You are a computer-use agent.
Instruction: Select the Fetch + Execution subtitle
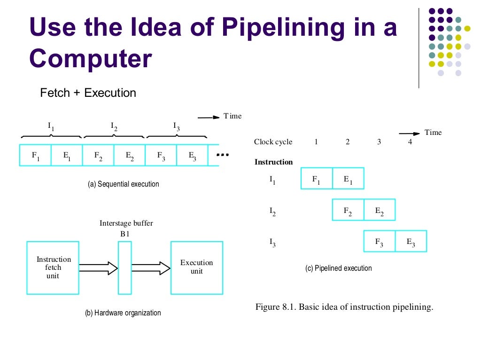[88, 93]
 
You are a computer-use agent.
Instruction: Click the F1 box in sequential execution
[35, 156]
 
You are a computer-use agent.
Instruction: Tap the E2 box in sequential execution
[130, 156]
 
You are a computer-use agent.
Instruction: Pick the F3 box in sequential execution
[161, 156]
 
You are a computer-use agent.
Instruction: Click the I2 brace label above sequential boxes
[114, 126]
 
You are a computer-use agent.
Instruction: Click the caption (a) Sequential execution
[124, 184]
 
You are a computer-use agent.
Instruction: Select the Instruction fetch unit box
[53, 267]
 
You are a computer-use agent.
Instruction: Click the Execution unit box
[196, 267]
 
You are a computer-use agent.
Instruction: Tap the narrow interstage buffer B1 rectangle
[124, 267]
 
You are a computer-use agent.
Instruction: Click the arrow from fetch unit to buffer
[98, 268]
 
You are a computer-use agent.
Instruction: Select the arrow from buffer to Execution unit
[151, 268]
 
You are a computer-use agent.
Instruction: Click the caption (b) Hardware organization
[123, 313]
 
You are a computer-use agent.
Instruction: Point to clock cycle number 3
[379, 142]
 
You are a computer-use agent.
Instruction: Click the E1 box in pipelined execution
[348, 179]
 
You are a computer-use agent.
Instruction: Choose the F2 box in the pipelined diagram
[348, 210]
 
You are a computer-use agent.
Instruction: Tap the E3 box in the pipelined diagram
[411, 242]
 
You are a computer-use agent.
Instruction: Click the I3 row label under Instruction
[272, 242]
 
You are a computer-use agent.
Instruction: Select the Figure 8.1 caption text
[344, 307]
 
